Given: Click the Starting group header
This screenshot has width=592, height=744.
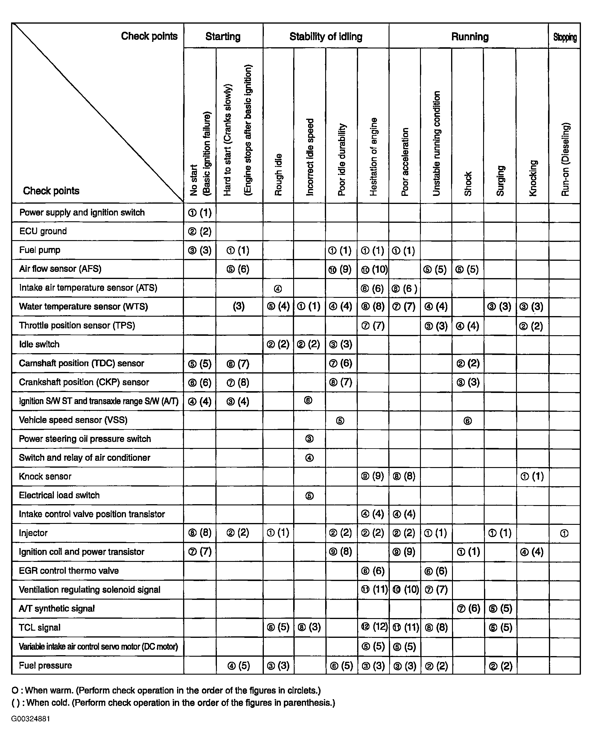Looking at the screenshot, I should coord(223,36).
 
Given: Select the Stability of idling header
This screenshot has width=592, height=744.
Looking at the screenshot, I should coord(325,36).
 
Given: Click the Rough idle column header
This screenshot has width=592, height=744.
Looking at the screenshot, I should coord(278,175).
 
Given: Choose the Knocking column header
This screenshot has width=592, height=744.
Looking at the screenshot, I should coord(533,178).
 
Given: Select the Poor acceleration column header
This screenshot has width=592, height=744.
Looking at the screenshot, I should coord(405,162).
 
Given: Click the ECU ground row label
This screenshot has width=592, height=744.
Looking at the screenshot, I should coord(43,231).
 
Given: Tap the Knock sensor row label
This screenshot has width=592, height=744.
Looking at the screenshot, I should coord(45,477).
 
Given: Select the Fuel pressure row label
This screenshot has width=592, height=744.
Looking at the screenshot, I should coord(45,665).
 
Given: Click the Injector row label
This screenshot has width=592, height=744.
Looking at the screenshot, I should coord(33,533).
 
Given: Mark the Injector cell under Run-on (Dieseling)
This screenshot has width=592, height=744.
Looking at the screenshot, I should coord(564,533).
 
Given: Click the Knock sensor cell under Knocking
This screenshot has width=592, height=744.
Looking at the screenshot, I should coord(532,477).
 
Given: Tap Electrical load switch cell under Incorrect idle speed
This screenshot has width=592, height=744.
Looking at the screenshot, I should coord(309,496).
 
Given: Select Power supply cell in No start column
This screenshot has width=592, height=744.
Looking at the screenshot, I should coord(200,213).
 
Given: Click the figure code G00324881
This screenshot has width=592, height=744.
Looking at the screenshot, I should coord(31,719).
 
